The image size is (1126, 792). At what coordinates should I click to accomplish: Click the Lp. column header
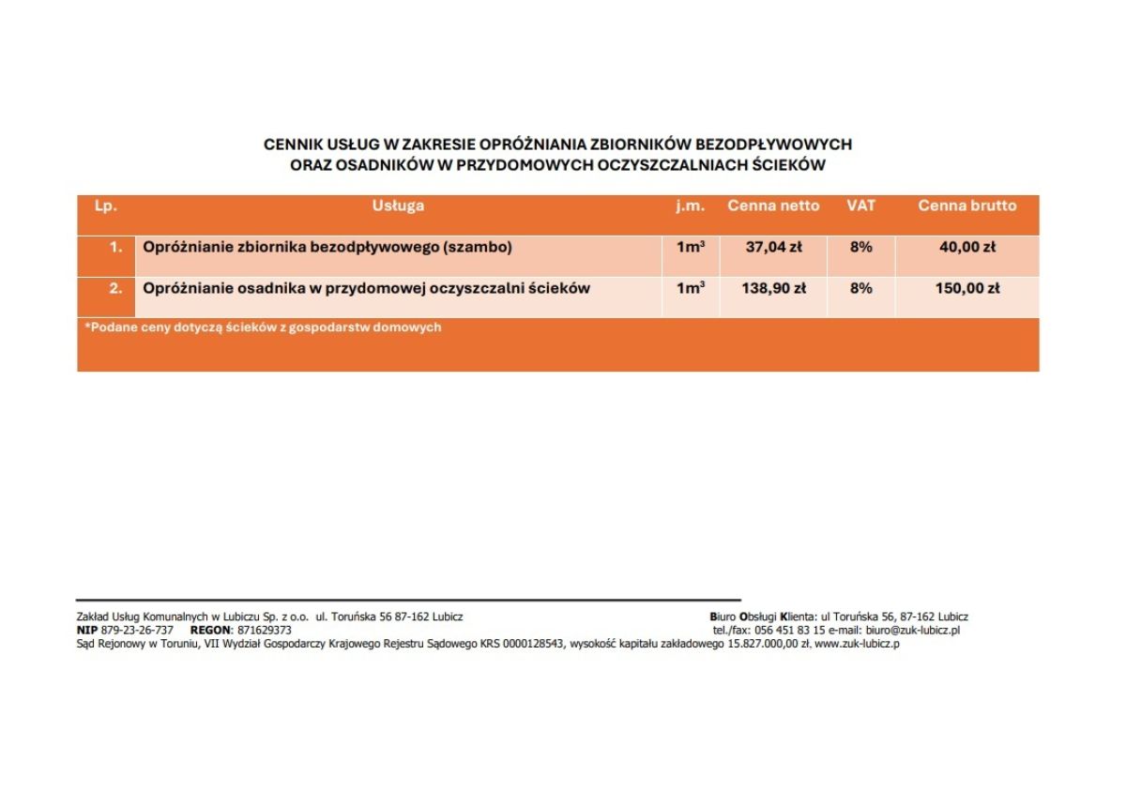pos(106,206)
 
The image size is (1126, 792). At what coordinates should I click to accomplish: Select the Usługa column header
pos(398,206)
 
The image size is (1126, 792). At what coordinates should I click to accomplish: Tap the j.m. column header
pos(691,206)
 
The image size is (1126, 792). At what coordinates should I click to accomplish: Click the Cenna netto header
pos(773,206)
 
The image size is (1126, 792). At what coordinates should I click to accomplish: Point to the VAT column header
pos(860,206)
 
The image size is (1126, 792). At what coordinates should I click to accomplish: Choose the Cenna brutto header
pos(966,206)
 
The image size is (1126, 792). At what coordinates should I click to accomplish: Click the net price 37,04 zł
pos(773,248)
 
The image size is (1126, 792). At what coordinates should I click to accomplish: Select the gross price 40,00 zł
pos(966,248)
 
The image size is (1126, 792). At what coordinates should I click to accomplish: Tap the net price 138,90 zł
pos(773,288)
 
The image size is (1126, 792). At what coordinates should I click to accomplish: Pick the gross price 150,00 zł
pos(966,288)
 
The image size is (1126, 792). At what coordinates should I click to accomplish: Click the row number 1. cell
pos(115,248)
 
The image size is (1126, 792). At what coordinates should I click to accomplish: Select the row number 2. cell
pos(115,288)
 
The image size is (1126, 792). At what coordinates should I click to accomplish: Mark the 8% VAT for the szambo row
pos(860,248)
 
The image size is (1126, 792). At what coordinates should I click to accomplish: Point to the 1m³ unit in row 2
pos(691,288)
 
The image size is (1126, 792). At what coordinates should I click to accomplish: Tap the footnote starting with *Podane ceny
pos(263,327)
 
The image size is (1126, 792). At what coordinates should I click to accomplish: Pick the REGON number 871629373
pos(265,631)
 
